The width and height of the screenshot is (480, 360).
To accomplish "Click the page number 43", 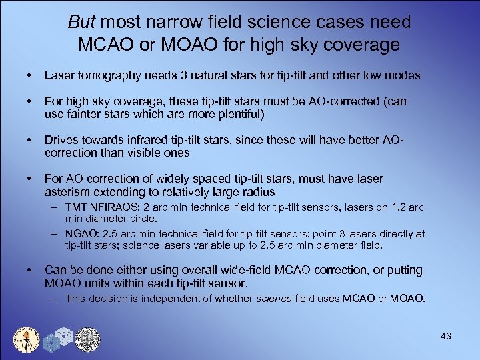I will (446, 336).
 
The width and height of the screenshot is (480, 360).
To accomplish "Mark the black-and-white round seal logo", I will (87, 338).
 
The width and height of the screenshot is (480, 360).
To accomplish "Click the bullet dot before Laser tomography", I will (25, 75).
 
